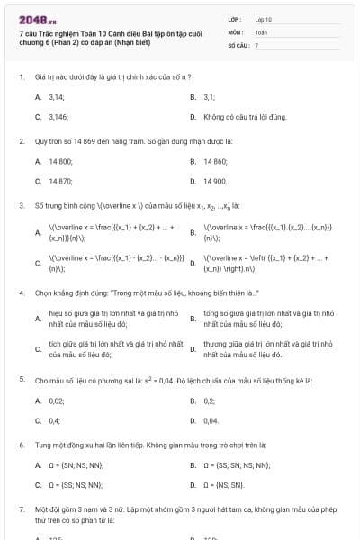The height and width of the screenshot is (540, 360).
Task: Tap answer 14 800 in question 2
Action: (60, 161)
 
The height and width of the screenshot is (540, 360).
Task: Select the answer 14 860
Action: (215, 161)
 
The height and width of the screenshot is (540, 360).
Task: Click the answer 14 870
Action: (60, 181)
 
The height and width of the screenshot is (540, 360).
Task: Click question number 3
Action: (21, 206)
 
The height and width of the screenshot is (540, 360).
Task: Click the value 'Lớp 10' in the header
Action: (264, 19)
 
